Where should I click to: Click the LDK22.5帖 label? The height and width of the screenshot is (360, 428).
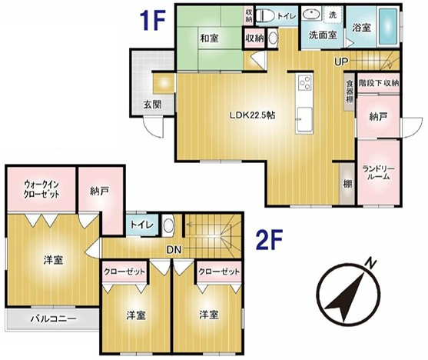coord(253,115)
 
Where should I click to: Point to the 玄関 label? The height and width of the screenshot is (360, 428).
coord(151,105)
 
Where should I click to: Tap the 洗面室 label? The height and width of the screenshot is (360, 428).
coord(323,35)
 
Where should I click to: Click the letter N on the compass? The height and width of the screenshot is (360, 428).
coord(371,263)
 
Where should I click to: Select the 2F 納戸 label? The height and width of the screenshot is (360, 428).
coord(98,190)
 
